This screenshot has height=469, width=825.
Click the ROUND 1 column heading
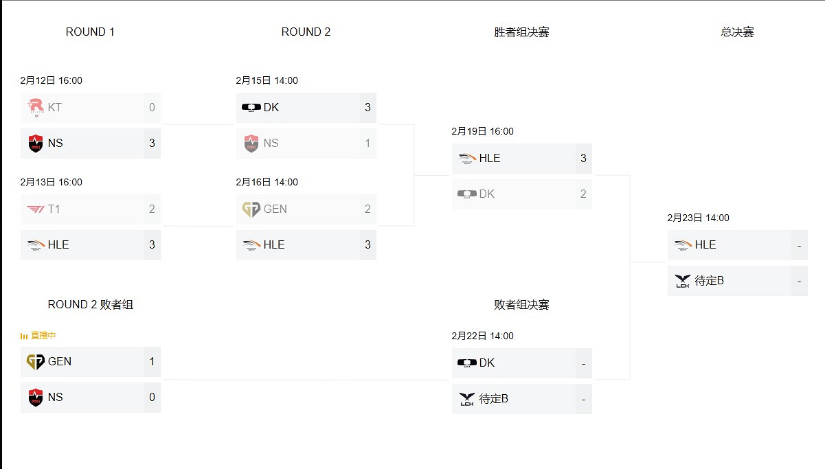[x=90, y=32]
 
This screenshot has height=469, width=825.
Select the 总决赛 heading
[x=737, y=32]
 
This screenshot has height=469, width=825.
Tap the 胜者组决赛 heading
[x=521, y=32]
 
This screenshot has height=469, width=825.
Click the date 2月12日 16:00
[x=52, y=80]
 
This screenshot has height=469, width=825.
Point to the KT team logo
[x=36, y=107]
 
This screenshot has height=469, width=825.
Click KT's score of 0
[x=152, y=107]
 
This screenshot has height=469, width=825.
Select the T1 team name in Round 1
[x=54, y=209]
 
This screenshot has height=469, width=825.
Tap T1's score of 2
[x=152, y=209]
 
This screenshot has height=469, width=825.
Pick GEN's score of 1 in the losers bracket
[x=152, y=361]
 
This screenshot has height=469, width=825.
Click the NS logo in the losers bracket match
[x=36, y=397]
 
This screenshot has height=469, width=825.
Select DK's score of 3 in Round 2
[x=368, y=107]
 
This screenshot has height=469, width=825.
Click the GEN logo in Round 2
[x=251, y=209]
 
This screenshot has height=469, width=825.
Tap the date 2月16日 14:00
[x=267, y=182]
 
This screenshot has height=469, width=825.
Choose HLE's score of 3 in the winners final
[x=583, y=158]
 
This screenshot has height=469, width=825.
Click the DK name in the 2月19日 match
[x=487, y=194]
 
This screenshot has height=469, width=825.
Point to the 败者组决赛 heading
[x=521, y=304]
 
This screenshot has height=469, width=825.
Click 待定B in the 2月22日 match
[x=494, y=398]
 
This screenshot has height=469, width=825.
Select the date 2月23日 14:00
[x=699, y=218]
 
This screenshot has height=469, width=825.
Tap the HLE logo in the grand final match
[x=683, y=244]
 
